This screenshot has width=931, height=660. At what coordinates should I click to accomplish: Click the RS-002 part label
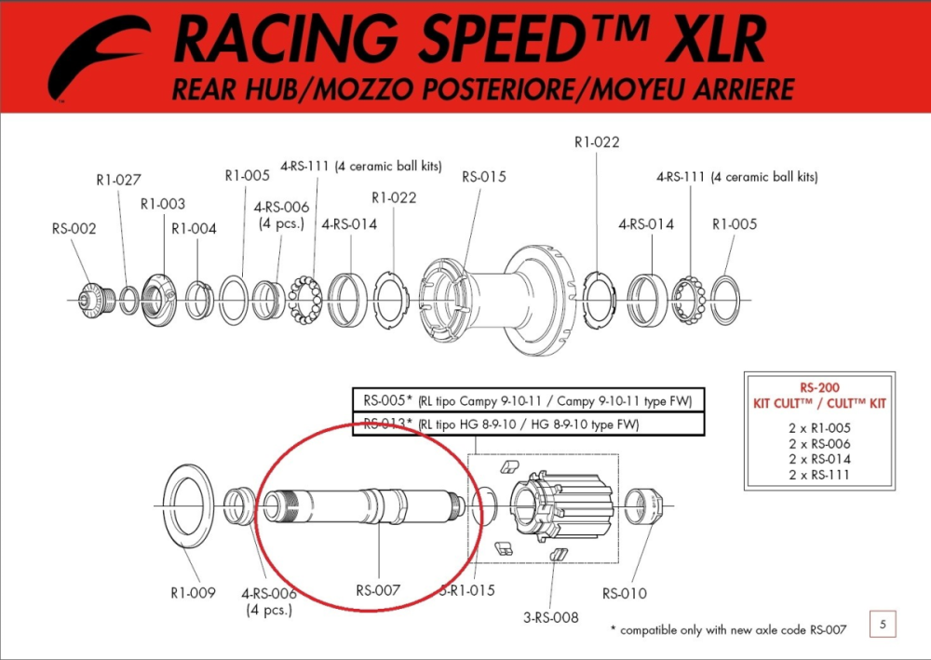coord(74,229)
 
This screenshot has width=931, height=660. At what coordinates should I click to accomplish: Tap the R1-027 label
coord(118,180)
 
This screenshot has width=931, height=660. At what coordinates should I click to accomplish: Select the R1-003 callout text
coord(163,204)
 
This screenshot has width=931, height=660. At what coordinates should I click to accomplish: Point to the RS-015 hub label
coord(484,177)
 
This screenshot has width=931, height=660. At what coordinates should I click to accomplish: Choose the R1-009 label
coord(193,593)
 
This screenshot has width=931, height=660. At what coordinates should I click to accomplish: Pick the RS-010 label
coord(624,593)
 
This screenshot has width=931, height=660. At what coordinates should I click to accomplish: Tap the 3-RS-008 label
coord(551,617)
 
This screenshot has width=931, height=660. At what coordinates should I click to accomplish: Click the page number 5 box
coord(882,624)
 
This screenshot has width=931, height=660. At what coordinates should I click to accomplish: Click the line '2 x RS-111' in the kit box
coord(819,475)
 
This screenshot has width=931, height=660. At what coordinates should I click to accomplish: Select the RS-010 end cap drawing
coord(644,508)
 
